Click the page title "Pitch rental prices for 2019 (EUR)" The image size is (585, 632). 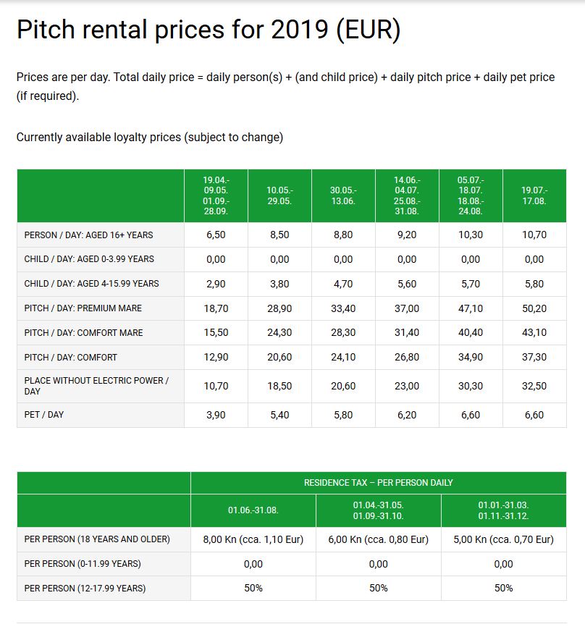coord(208,30)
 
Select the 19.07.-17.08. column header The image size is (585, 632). coord(534,195)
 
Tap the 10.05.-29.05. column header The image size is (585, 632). coord(279,195)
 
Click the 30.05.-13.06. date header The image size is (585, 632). coord(343,195)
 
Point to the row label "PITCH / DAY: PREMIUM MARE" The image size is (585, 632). coord(83,308)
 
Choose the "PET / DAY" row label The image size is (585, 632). coord(44,415)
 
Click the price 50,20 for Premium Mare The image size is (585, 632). coord(534,308)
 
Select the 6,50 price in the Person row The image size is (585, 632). coord(216,235)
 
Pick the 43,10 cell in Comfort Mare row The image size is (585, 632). coord(534,333)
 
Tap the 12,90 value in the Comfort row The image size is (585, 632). coord(216,357)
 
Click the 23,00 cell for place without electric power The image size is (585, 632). coord(407,386)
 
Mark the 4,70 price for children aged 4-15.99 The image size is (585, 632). coord(343,284)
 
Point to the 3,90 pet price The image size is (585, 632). coord(216,415)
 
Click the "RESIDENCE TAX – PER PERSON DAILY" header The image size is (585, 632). coord(378,482)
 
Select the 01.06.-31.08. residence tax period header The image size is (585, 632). coord(253,510)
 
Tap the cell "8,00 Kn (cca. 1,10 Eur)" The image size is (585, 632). coord(253,539)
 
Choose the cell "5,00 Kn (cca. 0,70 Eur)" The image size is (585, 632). coord(503,539)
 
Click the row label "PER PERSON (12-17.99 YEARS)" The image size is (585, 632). coord(85,589)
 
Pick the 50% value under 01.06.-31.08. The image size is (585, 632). coord(253,589)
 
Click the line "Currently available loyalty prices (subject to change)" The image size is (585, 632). coord(150,138)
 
